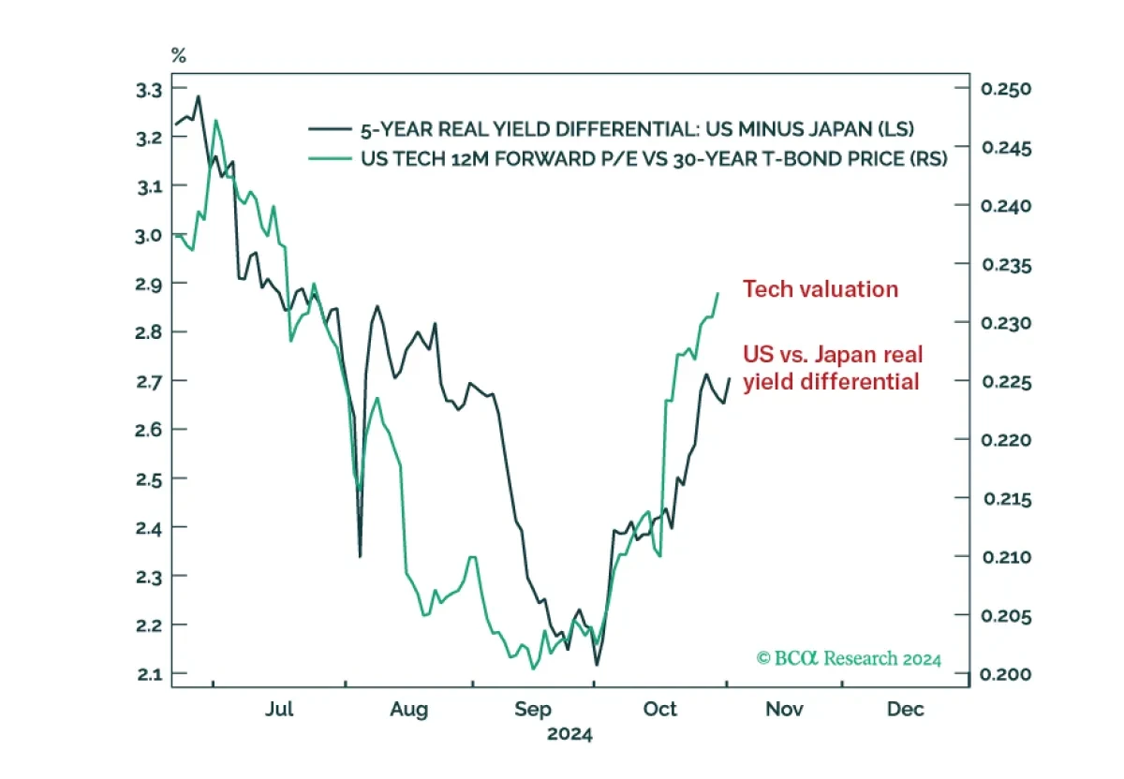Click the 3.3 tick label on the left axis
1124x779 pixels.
click(149, 90)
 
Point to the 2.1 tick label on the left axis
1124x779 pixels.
click(150, 674)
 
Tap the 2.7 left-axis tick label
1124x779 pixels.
click(149, 382)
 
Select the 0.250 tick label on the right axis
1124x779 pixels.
click(1006, 89)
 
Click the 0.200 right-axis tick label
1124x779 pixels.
click(1006, 674)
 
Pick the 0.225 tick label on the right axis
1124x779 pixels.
click(1007, 382)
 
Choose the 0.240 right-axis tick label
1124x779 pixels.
click(1006, 206)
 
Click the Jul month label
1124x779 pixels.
click(279, 709)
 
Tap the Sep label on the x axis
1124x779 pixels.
click(533, 710)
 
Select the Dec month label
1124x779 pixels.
click(905, 709)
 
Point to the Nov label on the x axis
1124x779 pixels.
click(784, 709)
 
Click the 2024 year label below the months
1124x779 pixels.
click(570, 734)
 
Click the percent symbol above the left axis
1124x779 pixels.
click(179, 55)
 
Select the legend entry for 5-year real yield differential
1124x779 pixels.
click(611, 129)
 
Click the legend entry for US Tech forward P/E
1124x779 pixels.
click(628, 159)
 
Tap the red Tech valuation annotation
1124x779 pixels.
click(821, 289)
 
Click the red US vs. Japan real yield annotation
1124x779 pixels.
click(833, 368)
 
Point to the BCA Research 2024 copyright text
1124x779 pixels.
click(849, 658)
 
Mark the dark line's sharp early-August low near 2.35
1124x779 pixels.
click(360, 556)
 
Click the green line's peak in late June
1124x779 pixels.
click(215, 121)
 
